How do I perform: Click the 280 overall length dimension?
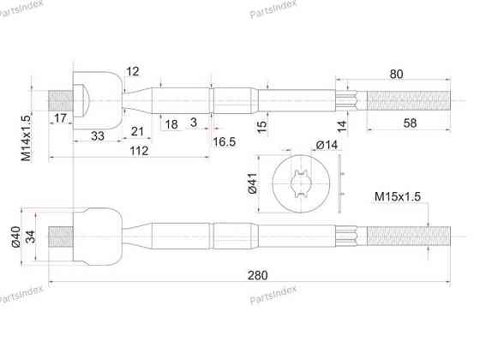257,275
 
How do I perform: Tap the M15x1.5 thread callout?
398,196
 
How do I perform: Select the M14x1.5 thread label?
27,138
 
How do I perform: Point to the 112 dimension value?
139,151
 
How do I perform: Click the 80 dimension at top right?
396,74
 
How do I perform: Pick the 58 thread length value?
410,123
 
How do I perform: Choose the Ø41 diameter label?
253,183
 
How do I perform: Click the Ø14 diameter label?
327,145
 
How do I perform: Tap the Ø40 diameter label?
15,237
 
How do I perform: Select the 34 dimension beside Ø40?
30,237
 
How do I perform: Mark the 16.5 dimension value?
224,141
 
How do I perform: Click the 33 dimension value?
98,135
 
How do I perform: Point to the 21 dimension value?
137,132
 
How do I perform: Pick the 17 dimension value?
60,118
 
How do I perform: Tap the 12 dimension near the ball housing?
133,71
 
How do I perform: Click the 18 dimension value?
171,124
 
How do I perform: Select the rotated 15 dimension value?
262,127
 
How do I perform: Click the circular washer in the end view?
301,183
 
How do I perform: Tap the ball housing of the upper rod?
98,100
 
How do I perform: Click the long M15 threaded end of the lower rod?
409,237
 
